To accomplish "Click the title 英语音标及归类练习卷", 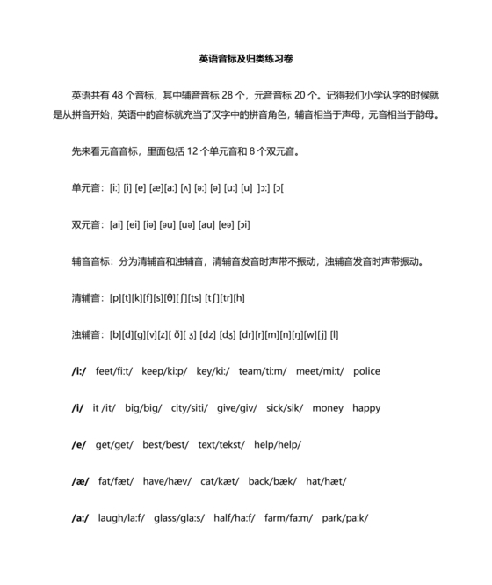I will pyautogui.click(x=246, y=59).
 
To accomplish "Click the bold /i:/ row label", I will pyautogui.click(x=79, y=371).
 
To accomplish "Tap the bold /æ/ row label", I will pyautogui.click(x=80, y=481).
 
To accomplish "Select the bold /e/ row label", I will pyautogui.click(x=79, y=444).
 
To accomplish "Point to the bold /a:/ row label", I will pyautogui.click(x=81, y=518).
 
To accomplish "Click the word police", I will pyautogui.click(x=366, y=371).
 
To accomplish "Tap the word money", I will pyautogui.click(x=328, y=408).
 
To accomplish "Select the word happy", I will pyautogui.click(x=366, y=408).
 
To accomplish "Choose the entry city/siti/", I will pyautogui.click(x=192, y=408).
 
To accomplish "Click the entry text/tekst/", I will pyautogui.click(x=221, y=444).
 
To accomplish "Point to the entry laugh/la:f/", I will pyautogui.click(x=121, y=518).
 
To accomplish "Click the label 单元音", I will pyautogui.click(x=87, y=188).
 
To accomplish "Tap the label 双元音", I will pyautogui.click(x=87, y=224).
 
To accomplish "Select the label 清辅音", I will pyautogui.click(x=87, y=298).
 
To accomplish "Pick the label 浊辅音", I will pyautogui.click(x=87, y=334).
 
